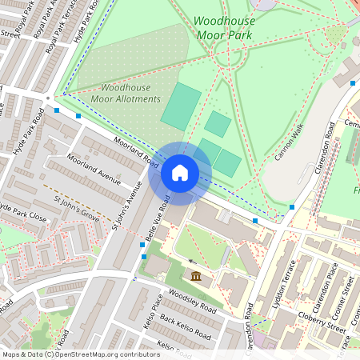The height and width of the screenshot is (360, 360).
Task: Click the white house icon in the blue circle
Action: pyautogui.click(x=180, y=173)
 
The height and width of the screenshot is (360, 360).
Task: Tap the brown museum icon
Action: pyautogui.click(x=196, y=277)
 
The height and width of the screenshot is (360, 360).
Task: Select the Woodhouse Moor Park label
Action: pyautogui.click(x=223, y=29)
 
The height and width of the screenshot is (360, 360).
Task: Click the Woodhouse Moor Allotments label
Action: pyautogui.click(x=130, y=93)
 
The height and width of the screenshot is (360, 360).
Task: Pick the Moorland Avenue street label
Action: pyautogui.click(x=94, y=169)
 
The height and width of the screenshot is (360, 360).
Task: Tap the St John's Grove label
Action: pyautogui.click(x=77, y=206)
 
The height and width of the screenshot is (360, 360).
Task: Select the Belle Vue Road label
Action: pyautogui.click(x=156, y=216)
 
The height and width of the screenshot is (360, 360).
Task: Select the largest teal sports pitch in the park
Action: pyautogui.click(x=182, y=106)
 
